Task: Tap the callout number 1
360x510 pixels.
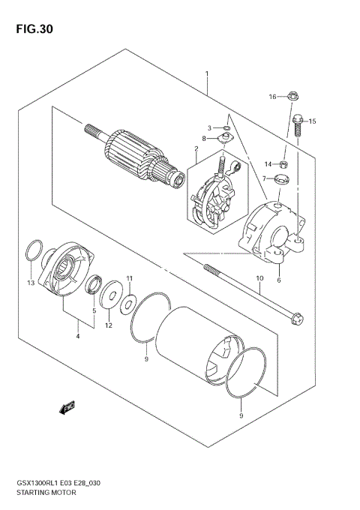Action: [x=206, y=73]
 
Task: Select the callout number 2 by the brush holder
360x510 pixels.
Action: [x=195, y=148]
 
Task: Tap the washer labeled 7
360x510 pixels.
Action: [x=283, y=178]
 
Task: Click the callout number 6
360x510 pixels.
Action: [x=278, y=280]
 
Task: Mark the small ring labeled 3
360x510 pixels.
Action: [x=224, y=127]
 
